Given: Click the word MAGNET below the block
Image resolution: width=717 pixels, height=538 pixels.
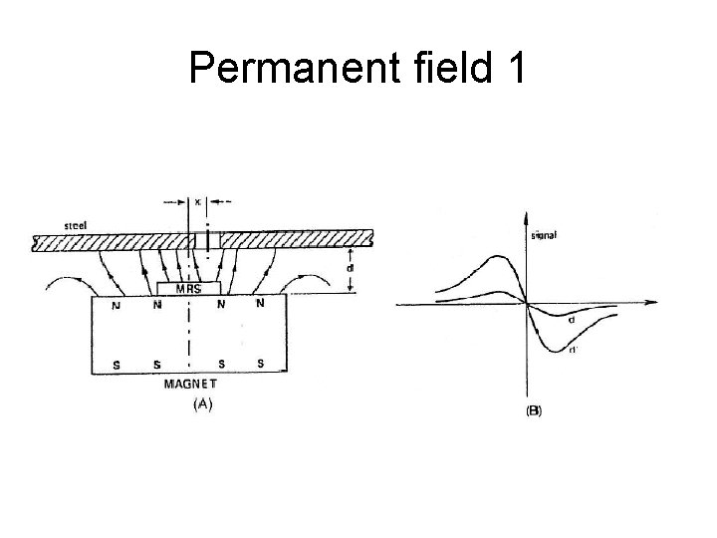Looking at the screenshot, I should point(190,382).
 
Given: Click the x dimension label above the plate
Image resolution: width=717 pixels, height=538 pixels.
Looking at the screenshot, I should point(198,200).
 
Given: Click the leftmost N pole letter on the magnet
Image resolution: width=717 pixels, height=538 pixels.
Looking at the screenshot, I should point(116,305).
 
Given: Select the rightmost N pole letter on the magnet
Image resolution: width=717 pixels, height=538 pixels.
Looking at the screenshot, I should point(260,303).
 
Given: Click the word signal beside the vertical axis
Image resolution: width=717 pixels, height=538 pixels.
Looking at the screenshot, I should point(545,235).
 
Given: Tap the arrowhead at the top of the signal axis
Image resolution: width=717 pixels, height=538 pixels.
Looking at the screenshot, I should point(526,213).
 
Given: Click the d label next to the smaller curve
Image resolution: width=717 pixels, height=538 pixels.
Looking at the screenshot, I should point(571,320).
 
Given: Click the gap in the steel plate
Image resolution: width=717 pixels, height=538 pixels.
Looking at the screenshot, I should point(213,239).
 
